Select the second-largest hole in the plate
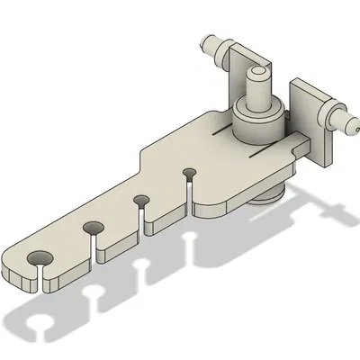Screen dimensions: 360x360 (93, 229)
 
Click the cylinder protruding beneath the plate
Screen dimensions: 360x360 (270, 193)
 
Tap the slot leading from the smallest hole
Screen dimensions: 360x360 (190, 187)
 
